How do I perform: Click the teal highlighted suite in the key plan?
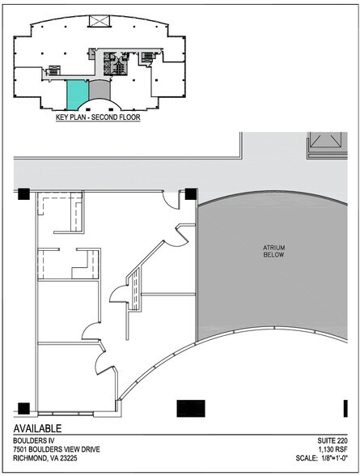[75, 95]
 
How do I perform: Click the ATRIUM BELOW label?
[272, 251]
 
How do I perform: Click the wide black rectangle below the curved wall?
[191, 407]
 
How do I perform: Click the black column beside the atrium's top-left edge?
[190, 193]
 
